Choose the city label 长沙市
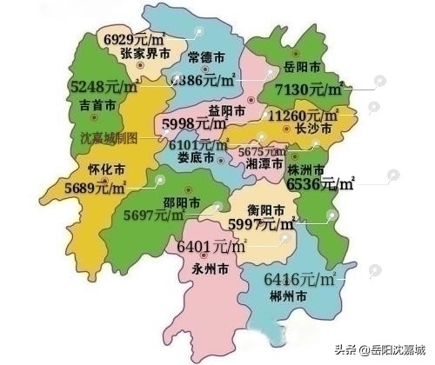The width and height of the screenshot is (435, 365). click(x=313, y=130)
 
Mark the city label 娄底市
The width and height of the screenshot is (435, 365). click(x=196, y=158)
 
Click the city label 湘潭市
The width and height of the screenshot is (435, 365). click(x=264, y=163)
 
